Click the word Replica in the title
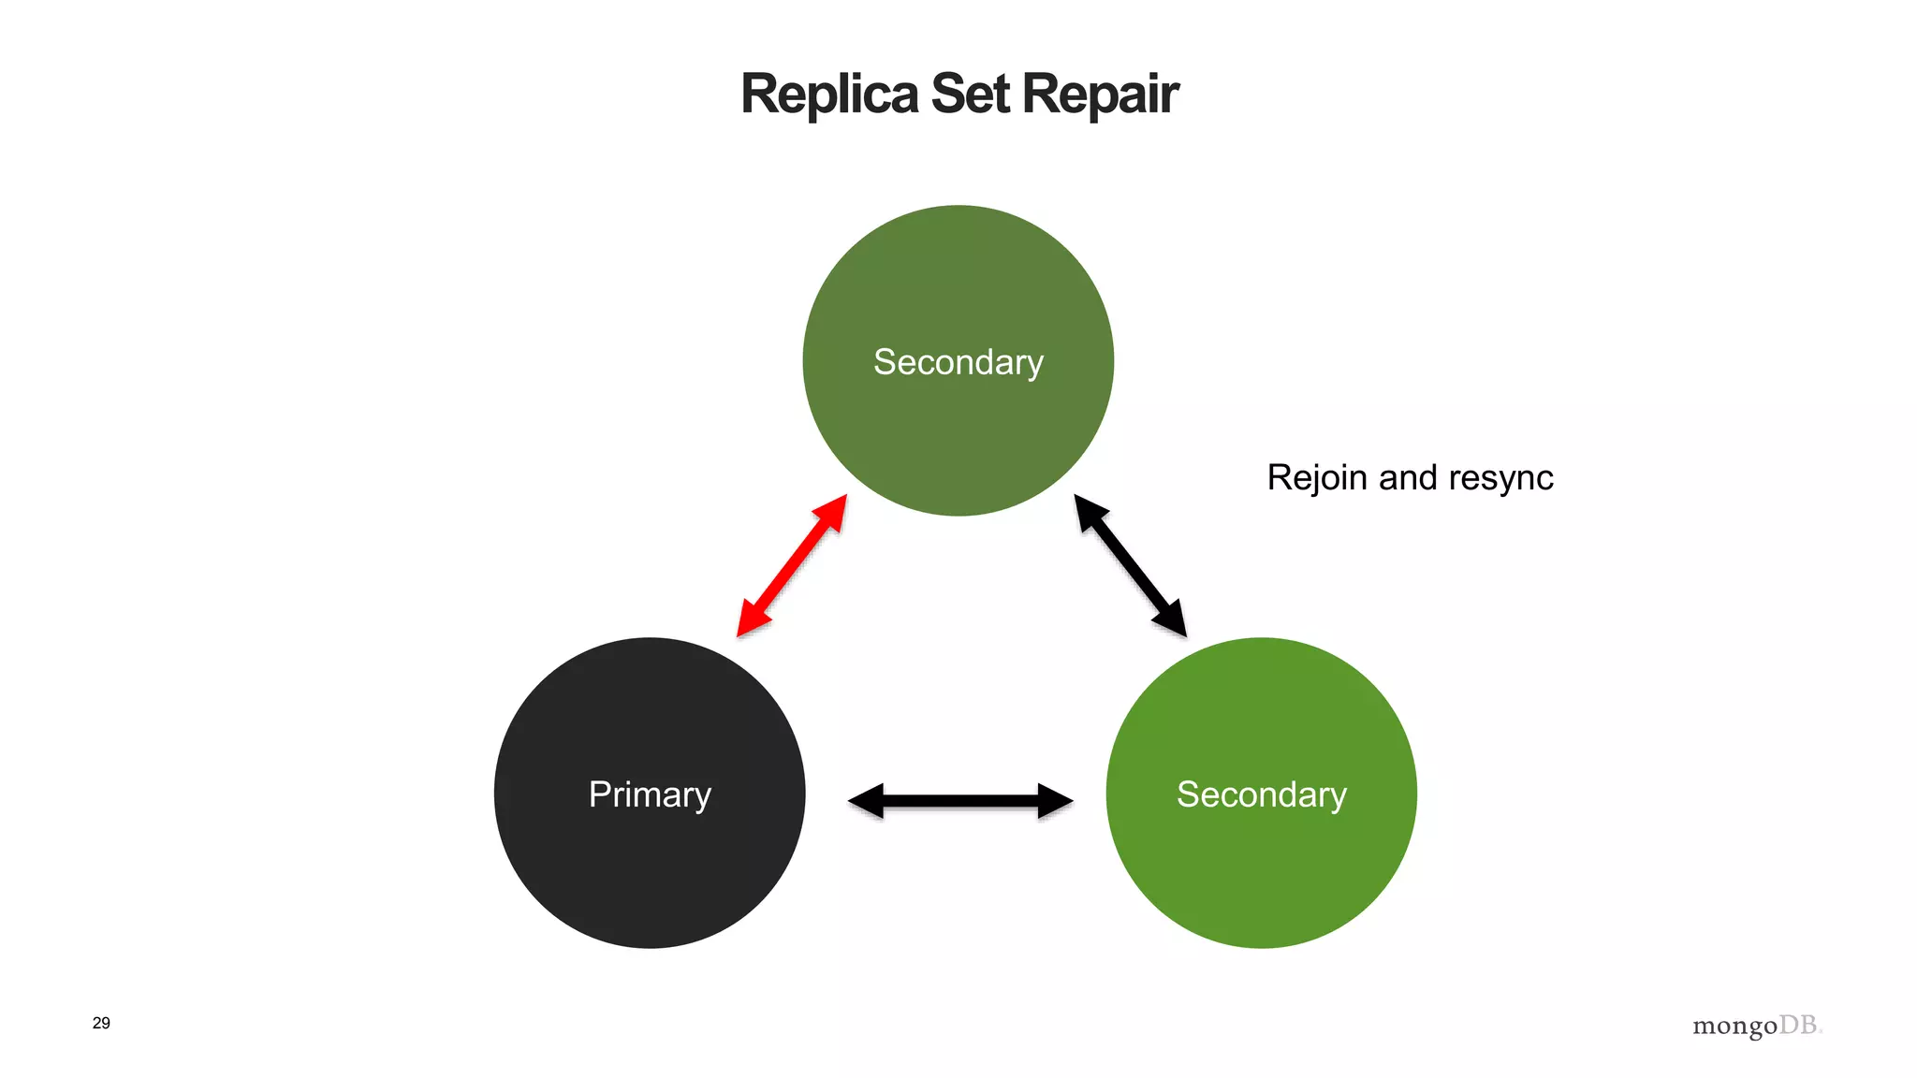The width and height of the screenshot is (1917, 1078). [829, 95]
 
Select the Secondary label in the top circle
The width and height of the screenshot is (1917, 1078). [958, 362]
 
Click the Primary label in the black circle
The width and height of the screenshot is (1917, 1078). [650, 794]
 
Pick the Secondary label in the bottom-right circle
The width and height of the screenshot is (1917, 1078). [1261, 794]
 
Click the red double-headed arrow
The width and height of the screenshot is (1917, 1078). [792, 566]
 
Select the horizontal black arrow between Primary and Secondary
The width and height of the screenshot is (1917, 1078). [960, 801]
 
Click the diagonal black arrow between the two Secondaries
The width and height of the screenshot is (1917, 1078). [1130, 566]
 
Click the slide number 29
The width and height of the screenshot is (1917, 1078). [101, 1023]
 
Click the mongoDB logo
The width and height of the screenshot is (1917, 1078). [1757, 1026]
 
